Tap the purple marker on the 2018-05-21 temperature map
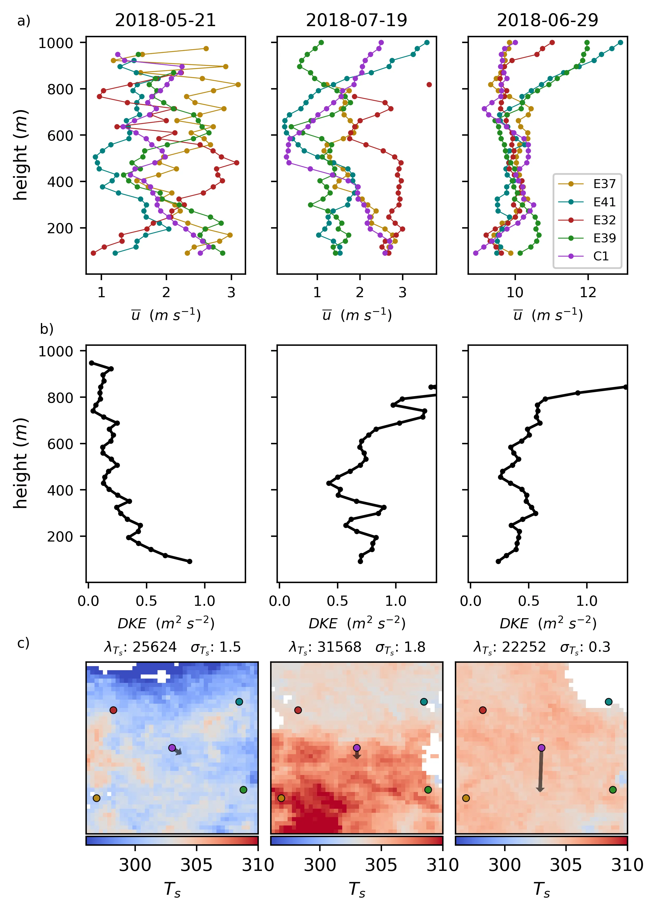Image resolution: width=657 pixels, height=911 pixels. click(x=172, y=748)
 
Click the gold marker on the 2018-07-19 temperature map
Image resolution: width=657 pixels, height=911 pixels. click(x=281, y=798)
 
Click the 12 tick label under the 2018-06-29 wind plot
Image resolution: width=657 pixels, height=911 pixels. click(x=588, y=292)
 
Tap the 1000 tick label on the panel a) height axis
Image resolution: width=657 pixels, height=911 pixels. click(x=55, y=43)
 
